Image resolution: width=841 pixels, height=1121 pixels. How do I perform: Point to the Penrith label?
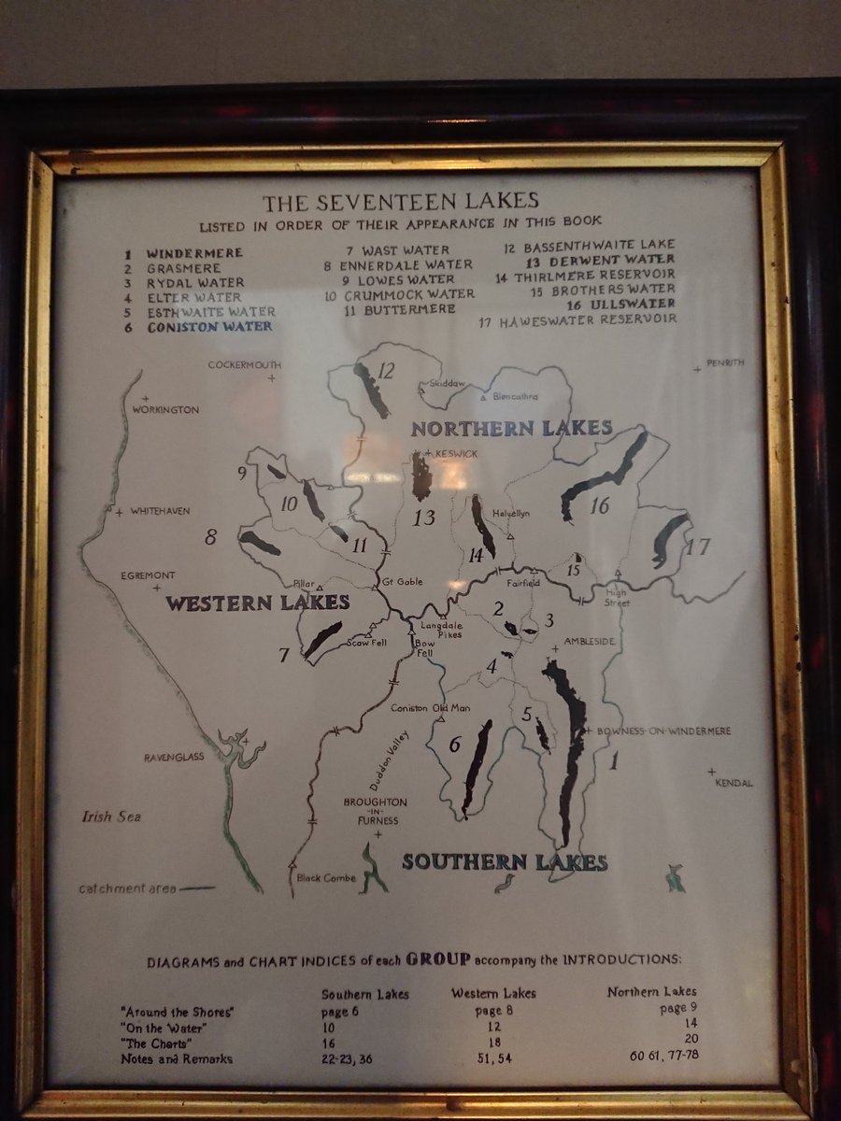[725, 363]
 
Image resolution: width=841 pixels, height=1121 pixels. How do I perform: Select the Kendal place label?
[733, 783]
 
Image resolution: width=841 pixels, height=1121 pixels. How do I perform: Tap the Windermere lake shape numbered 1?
[566, 747]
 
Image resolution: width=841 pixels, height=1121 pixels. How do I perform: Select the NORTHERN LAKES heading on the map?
[512, 429]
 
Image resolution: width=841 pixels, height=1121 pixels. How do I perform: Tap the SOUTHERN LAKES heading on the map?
[505, 862]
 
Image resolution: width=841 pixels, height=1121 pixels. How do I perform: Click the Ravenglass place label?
[175, 757]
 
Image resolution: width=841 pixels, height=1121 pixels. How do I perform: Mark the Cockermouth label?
[244, 364]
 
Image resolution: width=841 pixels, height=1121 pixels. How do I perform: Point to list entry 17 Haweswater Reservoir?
[577, 319]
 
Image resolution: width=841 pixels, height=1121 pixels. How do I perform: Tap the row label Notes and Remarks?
[177, 1058]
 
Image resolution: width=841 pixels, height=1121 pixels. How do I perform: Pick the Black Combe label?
[321, 877]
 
